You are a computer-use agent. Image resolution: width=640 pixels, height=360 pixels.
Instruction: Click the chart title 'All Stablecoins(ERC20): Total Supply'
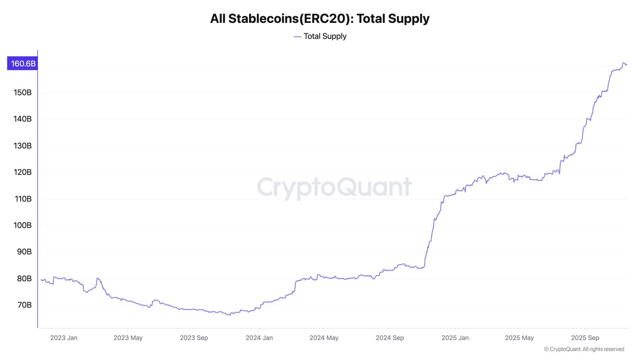point(320,19)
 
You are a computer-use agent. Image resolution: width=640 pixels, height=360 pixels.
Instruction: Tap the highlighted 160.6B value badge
point(23,64)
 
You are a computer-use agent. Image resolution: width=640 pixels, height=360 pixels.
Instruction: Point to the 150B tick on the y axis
point(22,92)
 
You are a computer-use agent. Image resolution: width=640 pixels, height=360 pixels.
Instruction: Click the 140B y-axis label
point(22,119)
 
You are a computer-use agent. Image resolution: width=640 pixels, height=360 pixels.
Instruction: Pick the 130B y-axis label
point(22,146)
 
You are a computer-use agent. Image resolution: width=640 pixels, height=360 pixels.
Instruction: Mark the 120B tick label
point(22,172)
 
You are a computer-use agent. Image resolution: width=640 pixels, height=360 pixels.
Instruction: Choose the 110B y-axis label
point(23,199)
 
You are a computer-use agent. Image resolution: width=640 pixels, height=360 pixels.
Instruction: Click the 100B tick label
point(22,225)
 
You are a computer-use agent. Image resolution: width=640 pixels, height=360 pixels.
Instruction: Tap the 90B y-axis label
point(24,252)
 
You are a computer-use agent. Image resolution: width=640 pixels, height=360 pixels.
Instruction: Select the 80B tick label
point(24,279)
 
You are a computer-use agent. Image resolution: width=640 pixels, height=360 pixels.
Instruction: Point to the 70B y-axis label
point(24,305)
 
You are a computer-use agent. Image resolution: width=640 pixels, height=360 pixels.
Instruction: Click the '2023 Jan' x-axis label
point(64,338)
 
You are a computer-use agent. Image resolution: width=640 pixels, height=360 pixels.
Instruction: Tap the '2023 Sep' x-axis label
point(194,338)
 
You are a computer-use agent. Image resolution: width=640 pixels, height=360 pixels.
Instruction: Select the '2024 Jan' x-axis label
point(259,338)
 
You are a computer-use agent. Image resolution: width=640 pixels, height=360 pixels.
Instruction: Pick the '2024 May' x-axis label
point(324,338)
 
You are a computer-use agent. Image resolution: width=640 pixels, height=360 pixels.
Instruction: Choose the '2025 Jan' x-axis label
point(455,338)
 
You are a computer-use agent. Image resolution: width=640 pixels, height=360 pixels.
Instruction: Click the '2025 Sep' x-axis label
point(585,338)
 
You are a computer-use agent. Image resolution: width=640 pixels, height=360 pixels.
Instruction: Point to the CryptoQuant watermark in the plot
point(334,187)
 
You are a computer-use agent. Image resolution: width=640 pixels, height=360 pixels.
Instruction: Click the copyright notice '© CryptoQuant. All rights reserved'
point(584,349)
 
